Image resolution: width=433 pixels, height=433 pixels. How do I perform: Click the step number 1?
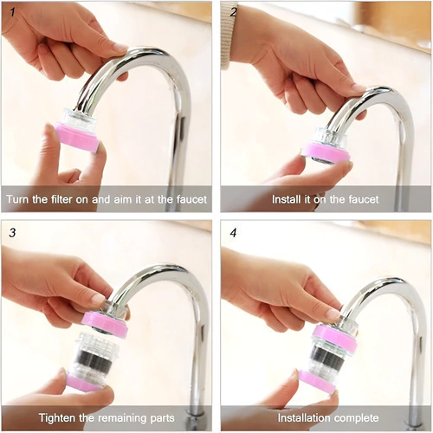(x=12, y=12)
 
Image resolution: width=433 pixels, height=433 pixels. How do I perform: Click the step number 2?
(x=233, y=12)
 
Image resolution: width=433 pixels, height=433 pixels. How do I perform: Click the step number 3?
(x=12, y=233)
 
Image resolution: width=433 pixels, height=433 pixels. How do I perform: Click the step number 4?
(x=233, y=233)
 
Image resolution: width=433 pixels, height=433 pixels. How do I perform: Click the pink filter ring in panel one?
(x=77, y=137)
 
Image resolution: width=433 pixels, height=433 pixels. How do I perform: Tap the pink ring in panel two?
(x=326, y=151)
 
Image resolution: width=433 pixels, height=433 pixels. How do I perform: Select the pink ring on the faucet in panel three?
(x=105, y=324)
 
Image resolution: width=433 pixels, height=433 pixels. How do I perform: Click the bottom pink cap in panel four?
(x=318, y=382)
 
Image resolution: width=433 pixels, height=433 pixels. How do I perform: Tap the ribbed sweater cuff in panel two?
(x=227, y=36)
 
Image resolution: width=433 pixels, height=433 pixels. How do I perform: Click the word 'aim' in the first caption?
(x=124, y=199)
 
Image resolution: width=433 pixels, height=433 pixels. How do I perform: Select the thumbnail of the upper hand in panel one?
(x=120, y=48)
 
